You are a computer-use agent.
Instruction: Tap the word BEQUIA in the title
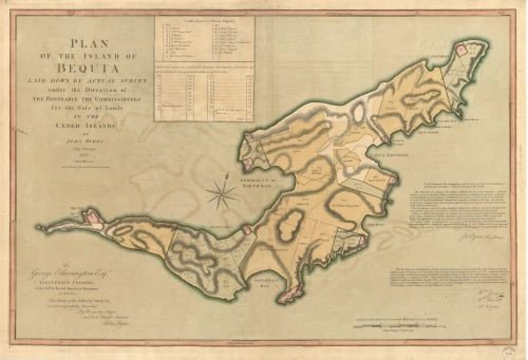tap(88, 67)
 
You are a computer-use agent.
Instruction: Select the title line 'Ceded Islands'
tap(88, 126)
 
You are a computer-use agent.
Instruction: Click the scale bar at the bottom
tap(398, 325)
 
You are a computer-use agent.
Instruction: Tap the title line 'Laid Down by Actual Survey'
tap(89, 80)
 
